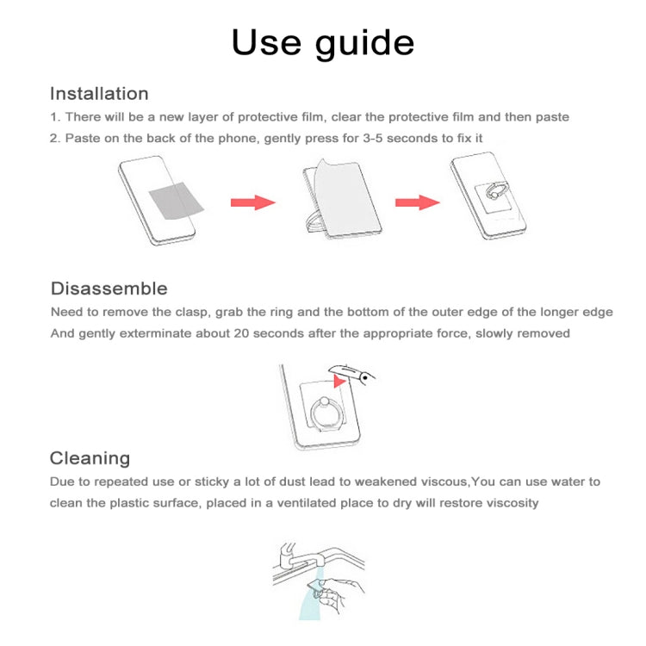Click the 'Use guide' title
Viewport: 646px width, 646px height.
pyautogui.click(x=322, y=42)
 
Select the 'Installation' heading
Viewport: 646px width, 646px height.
pyautogui.click(x=99, y=94)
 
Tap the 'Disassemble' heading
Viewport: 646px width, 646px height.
pyautogui.click(x=109, y=289)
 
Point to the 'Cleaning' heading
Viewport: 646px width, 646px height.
pyautogui.click(x=90, y=458)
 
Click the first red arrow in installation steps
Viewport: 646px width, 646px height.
pyautogui.click(x=252, y=202)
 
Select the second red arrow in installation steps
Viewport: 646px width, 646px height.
pyautogui.click(x=417, y=202)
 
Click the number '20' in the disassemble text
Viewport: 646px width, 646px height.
pyautogui.click(x=244, y=333)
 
